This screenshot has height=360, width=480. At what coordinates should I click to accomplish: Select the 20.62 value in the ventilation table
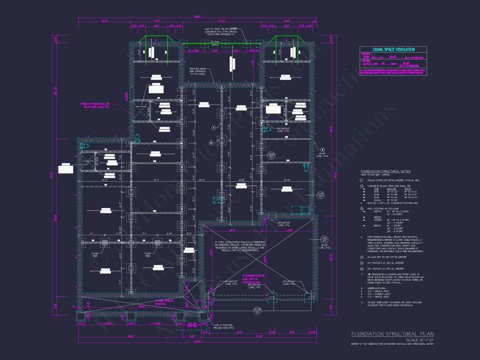pos(392,57)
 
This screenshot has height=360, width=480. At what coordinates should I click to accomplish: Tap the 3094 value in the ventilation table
pos(366,57)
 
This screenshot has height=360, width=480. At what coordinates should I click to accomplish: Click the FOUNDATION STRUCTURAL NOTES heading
pos(385,171)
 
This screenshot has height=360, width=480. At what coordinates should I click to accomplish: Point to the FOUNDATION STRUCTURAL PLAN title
pos(392,334)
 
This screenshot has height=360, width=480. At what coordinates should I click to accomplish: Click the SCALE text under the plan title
pos(419,340)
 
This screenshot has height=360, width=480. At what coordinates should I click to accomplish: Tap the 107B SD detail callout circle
pos(258,311)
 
